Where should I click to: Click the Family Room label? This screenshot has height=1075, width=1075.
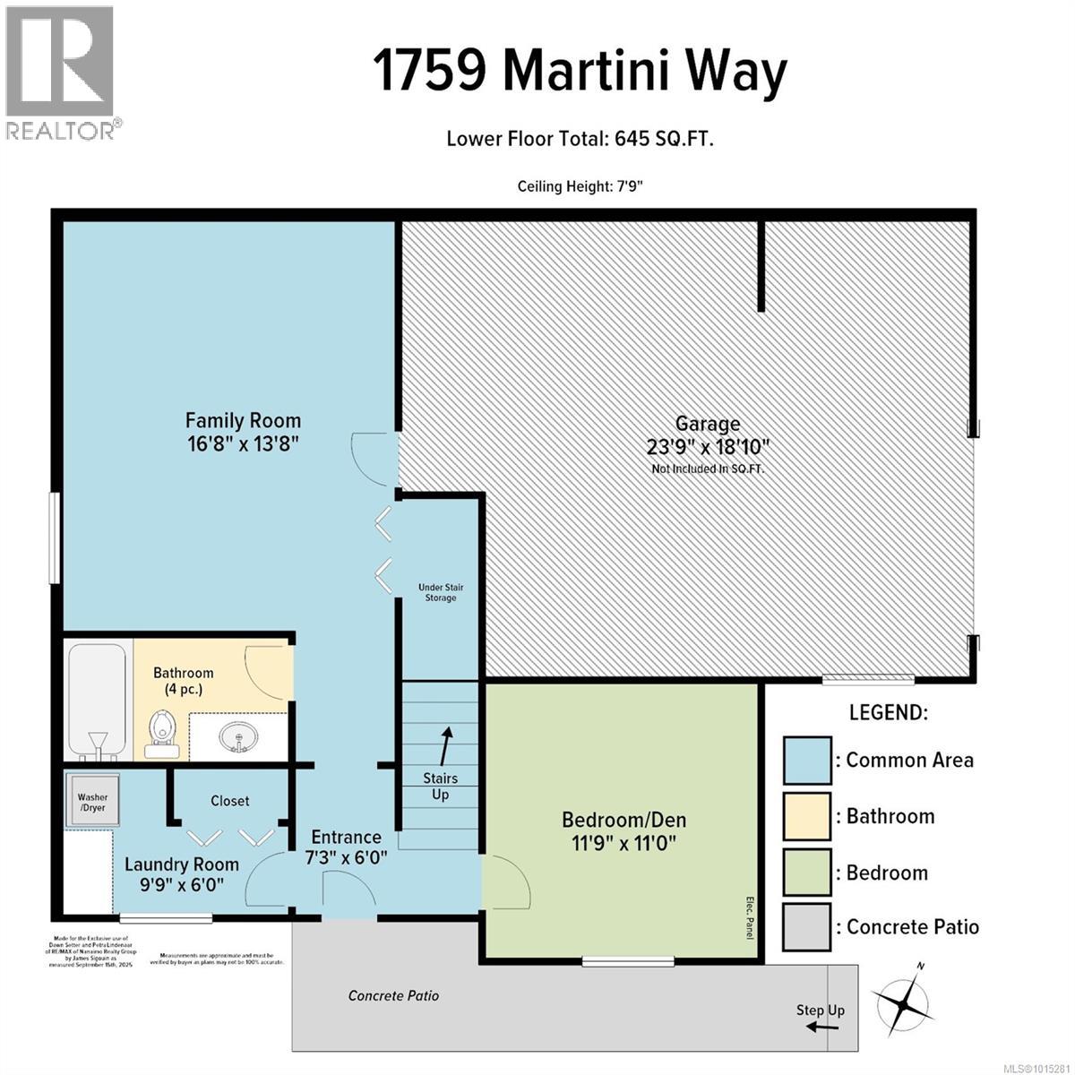pyautogui.click(x=243, y=420)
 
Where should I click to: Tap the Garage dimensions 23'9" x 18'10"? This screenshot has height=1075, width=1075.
pyautogui.click(x=708, y=446)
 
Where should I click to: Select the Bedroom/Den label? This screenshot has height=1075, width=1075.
pyautogui.click(x=623, y=819)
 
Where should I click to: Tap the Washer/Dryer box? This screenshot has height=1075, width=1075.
pyautogui.click(x=91, y=802)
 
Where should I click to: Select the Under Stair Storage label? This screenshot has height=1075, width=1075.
pyautogui.click(x=440, y=592)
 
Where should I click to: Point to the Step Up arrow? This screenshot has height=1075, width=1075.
pyautogui.click(x=821, y=1027)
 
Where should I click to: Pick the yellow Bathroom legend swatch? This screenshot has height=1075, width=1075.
pyautogui.click(x=806, y=816)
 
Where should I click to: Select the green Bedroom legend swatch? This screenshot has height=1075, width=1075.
pyautogui.click(x=806, y=873)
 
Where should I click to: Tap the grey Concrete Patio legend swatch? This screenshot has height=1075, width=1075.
pyautogui.click(x=806, y=927)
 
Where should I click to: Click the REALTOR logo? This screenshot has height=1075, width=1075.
pyautogui.click(x=60, y=72)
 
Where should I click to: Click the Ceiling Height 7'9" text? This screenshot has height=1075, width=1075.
pyautogui.click(x=580, y=186)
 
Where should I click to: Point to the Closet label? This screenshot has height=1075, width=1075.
pyautogui.click(x=230, y=801)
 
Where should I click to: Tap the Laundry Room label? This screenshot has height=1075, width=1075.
pyautogui.click(x=182, y=864)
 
